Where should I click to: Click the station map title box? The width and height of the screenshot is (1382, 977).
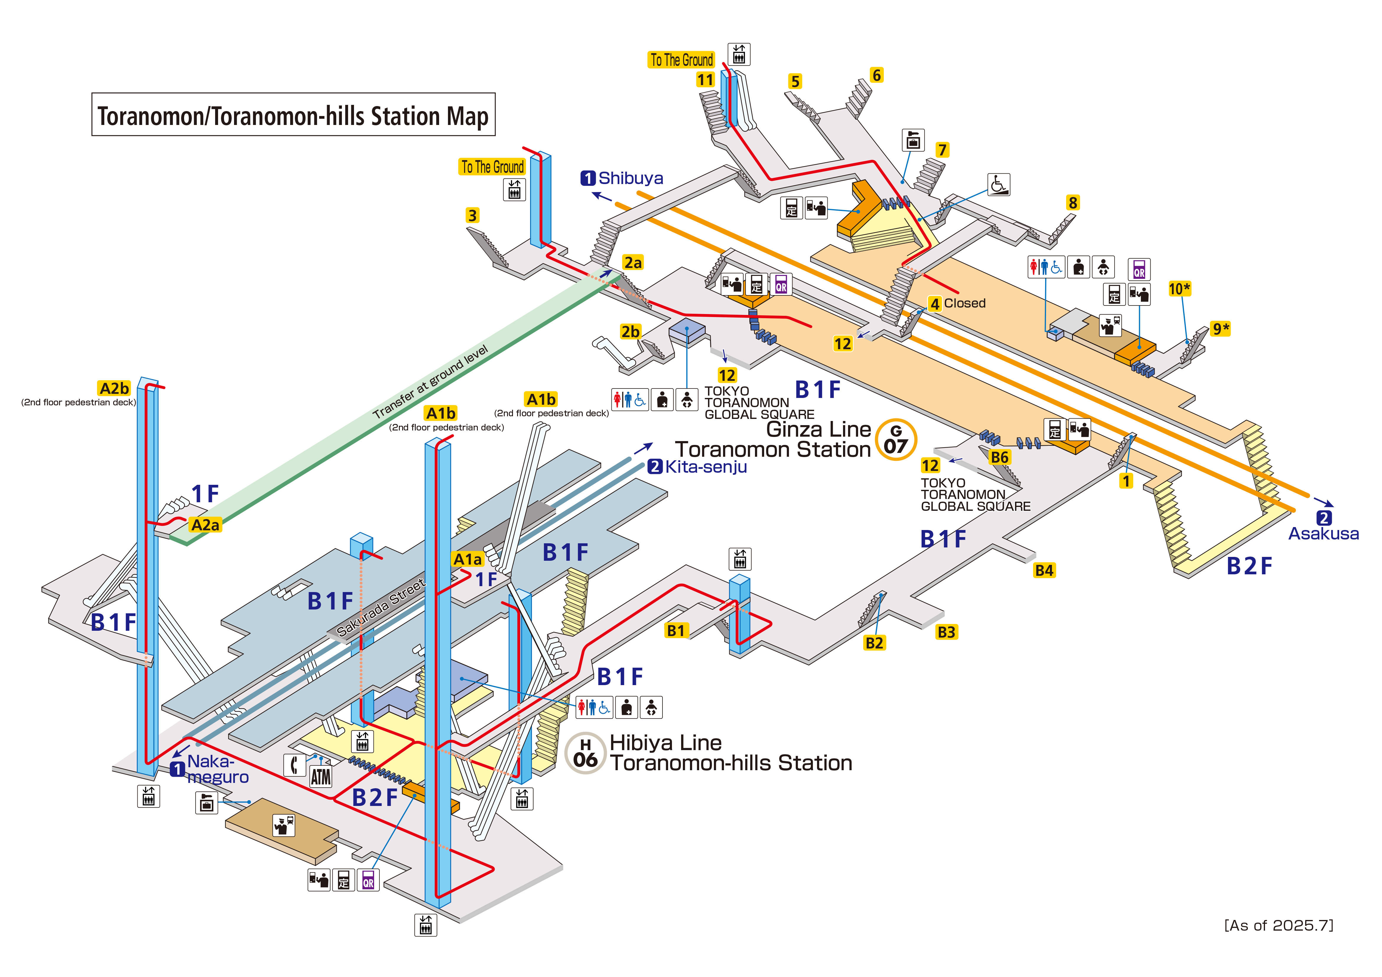point(293,114)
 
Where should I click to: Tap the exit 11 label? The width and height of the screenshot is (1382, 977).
point(705,79)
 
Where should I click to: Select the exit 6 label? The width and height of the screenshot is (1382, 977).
point(876,75)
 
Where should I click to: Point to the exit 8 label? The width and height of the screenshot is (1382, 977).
point(1073,203)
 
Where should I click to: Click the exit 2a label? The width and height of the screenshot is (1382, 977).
point(633,262)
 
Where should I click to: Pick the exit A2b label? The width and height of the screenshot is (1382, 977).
point(114,388)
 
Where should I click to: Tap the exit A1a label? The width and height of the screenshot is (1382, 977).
point(468,559)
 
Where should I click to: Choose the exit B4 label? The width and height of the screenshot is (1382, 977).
point(1044,570)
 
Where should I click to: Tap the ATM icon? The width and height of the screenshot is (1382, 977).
point(321,776)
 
